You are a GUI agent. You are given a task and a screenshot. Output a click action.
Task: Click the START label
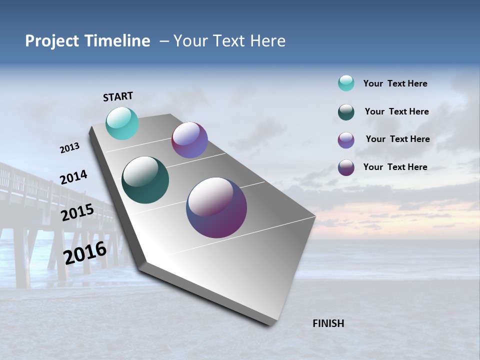[x=118, y=96]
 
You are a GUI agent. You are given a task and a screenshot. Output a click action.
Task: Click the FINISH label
[x=328, y=323]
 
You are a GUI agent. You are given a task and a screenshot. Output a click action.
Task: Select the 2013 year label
[x=69, y=148]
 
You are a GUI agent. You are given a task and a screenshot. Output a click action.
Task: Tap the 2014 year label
[x=73, y=177]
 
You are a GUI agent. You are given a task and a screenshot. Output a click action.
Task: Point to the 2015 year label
[x=77, y=212]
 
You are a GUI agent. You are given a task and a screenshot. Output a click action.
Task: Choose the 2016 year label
[x=85, y=252]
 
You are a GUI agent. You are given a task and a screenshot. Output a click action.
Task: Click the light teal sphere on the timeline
[x=122, y=123]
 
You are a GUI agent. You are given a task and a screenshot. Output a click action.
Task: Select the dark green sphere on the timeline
[x=145, y=180]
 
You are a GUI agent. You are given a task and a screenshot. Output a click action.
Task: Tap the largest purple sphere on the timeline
[x=216, y=207]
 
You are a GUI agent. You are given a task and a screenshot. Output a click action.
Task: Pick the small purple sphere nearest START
[x=189, y=140]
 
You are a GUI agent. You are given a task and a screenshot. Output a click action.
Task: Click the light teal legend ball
[x=346, y=83]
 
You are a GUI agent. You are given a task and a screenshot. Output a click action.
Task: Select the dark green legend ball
[x=346, y=112]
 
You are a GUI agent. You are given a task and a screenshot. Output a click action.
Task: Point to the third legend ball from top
[x=346, y=140]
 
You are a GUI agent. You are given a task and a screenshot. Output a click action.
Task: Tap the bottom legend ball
[x=346, y=167]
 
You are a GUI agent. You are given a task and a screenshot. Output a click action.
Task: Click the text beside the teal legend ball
[x=395, y=84]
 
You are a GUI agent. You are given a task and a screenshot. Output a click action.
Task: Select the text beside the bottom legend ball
[x=395, y=167]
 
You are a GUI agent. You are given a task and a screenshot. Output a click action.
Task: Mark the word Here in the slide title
[x=267, y=41]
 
